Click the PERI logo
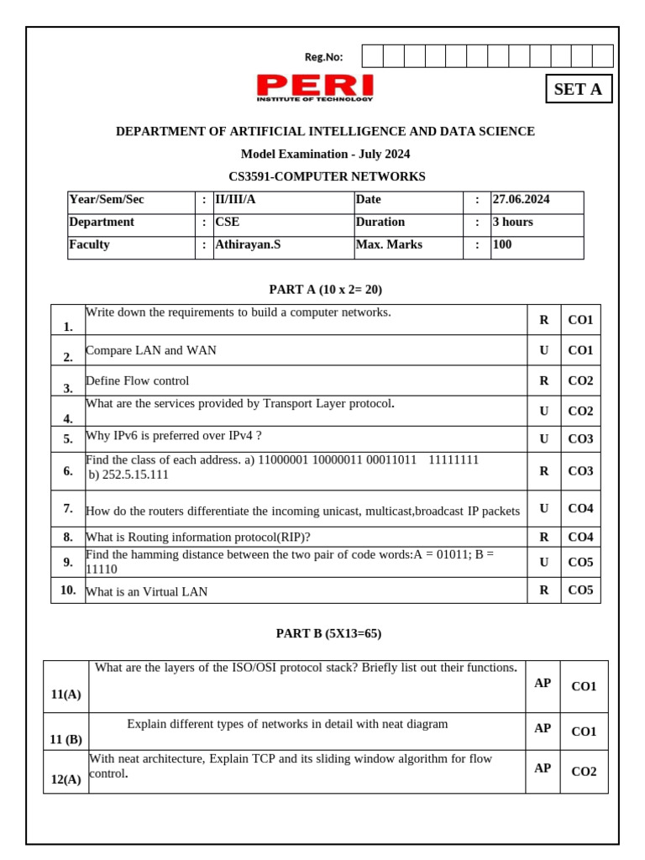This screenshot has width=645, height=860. coord(315,87)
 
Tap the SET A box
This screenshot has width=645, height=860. coord(579,89)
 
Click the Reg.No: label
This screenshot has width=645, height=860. coord(323,57)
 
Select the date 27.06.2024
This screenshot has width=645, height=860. coord(521,200)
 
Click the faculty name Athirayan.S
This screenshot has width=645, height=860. coord(249,245)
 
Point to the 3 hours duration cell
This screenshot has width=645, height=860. coord(512,223)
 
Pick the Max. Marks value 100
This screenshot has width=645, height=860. coord(502,245)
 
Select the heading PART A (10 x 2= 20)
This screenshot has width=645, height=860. coord(325,290)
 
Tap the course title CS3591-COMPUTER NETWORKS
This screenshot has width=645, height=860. coord(327,176)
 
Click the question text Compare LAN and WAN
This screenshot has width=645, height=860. coord(151,351)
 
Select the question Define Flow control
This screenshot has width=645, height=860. coord(138,381)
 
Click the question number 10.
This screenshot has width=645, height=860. coord(68,590)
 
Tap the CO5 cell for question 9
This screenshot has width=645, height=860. coord(580,562)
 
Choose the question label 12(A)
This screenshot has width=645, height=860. coord(66,779)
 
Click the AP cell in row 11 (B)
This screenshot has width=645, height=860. coord(543,729)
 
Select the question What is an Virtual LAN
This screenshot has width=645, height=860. coord(147,592)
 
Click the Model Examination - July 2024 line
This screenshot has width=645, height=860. coord(325,155)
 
